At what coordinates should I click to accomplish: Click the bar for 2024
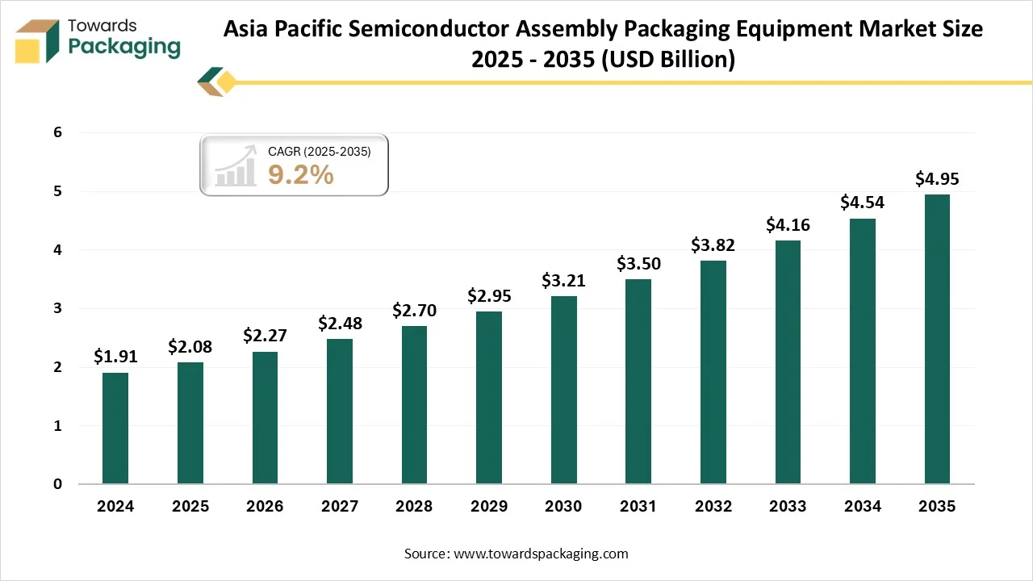click(115, 428)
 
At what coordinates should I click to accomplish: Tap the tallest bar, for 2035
click(937, 339)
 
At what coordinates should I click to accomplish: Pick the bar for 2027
click(340, 411)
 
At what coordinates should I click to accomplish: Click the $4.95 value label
click(937, 179)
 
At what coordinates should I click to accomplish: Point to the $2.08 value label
click(190, 347)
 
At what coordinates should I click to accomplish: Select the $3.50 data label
click(638, 263)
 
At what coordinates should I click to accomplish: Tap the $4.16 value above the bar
click(788, 225)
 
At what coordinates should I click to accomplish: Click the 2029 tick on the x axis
click(489, 507)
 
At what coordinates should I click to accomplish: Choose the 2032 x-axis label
click(713, 507)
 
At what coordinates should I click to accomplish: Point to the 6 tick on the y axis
click(57, 133)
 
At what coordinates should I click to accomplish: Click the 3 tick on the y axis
click(57, 309)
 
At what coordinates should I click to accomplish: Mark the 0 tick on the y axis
click(57, 484)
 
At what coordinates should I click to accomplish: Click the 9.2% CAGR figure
click(300, 174)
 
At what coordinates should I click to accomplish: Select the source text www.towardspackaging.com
click(541, 554)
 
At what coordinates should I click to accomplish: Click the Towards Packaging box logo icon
click(38, 40)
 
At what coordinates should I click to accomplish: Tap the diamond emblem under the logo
click(216, 82)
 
